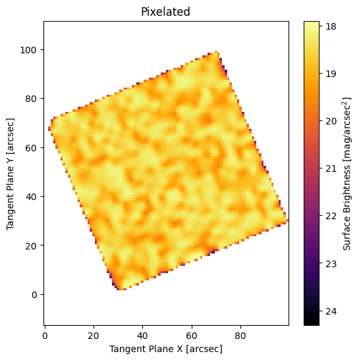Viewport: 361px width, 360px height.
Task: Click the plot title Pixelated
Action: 165,11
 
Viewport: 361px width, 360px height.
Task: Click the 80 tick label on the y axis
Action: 31,99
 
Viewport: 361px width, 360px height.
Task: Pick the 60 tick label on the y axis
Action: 31,148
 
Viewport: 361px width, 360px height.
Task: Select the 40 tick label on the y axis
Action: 31,197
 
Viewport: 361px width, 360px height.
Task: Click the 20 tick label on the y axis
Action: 31,246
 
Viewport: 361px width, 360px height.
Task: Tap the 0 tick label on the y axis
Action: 34,295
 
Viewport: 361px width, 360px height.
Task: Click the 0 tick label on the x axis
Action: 45,336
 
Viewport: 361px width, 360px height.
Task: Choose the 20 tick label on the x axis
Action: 94,336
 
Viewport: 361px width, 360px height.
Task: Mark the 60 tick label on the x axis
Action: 192,336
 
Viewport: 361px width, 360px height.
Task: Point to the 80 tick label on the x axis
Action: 240,336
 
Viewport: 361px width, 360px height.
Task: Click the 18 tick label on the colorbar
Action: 331,26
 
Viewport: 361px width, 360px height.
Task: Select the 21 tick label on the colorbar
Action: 331,168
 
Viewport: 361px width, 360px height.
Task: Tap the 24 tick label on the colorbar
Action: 331,311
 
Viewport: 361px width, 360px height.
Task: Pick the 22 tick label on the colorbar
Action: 331,216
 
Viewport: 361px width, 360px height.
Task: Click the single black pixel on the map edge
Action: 213,252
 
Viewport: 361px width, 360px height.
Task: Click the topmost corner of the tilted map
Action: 216,52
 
